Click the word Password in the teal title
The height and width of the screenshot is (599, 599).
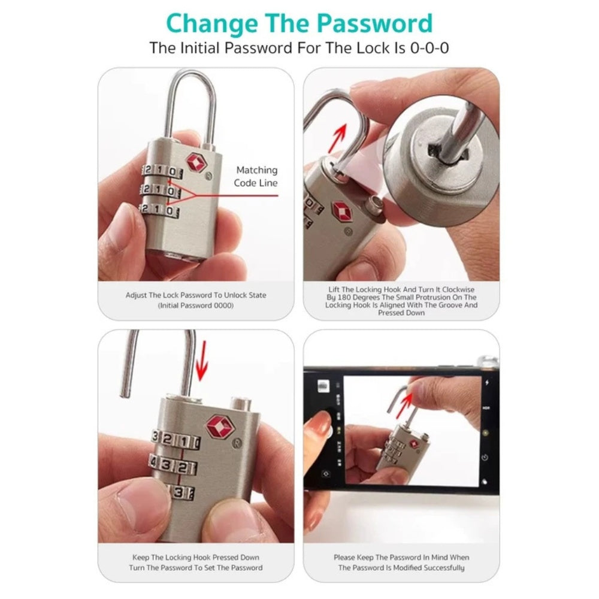[x=375, y=24]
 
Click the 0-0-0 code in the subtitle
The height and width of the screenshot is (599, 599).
[x=429, y=48]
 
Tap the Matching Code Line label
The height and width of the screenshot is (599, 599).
[x=256, y=176]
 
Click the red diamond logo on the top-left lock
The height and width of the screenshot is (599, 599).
[x=196, y=163]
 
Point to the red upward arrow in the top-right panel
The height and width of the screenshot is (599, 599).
[x=338, y=138]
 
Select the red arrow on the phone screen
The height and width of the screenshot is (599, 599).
[x=404, y=406]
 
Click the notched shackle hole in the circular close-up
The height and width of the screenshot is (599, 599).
[x=449, y=155]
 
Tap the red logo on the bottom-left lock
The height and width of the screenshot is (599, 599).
[x=220, y=426]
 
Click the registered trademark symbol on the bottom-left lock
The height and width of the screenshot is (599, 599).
[x=237, y=443]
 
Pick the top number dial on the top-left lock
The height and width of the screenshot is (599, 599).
[x=162, y=171]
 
